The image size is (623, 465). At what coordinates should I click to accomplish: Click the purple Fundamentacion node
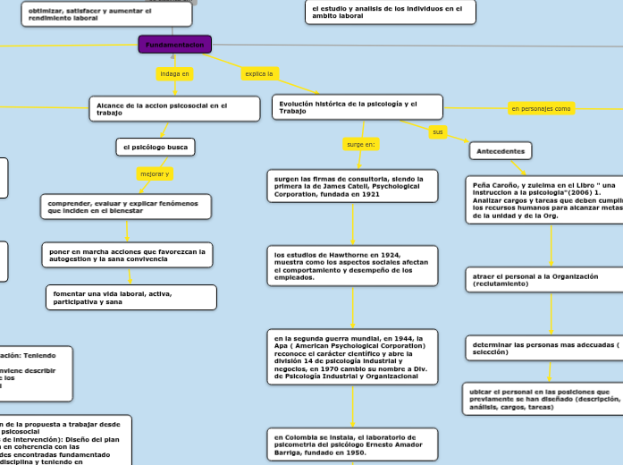pyautogui.click(x=175, y=44)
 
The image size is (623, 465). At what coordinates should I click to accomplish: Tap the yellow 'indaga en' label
pyautogui.click(x=174, y=73)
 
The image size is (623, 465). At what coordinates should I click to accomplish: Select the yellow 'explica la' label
pyautogui.click(x=258, y=73)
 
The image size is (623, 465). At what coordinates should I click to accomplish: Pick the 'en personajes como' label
pyautogui.click(x=541, y=108)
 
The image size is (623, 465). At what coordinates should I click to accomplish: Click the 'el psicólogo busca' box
pyautogui.click(x=156, y=146)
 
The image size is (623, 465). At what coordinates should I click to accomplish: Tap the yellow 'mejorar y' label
pyautogui.click(x=155, y=173)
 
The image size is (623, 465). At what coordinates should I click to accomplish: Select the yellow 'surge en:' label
pyautogui.click(x=361, y=143)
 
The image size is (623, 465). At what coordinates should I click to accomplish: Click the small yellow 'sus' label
pyautogui.click(x=437, y=131)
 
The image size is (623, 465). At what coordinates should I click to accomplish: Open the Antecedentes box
pyautogui.click(x=501, y=151)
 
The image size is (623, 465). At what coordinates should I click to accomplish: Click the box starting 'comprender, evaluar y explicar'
pyautogui.click(x=126, y=207)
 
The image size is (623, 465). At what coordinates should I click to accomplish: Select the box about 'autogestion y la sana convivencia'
pyautogui.click(x=127, y=256)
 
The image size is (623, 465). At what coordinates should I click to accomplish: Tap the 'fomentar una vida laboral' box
pyautogui.click(x=130, y=297)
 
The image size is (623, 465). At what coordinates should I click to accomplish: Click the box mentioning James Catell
pyautogui.click(x=352, y=186)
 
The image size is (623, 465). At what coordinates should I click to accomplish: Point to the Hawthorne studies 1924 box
pyautogui.click(x=352, y=266)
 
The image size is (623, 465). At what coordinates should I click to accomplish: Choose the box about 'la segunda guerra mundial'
pyautogui.click(x=352, y=357)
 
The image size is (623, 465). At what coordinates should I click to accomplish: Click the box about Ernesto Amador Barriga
pyautogui.click(x=352, y=442)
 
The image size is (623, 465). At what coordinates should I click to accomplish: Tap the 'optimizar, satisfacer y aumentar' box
pyautogui.click(x=106, y=13)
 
